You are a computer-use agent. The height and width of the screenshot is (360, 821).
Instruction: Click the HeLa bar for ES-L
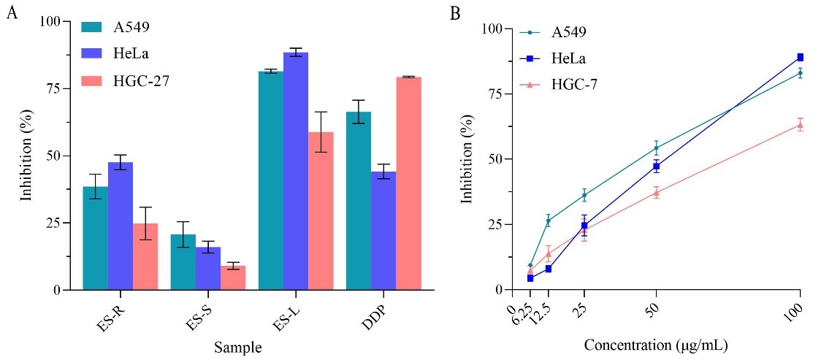pyautogui.click(x=296, y=172)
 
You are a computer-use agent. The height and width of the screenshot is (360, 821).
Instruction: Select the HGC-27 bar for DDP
pyautogui.click(x=408, y=183)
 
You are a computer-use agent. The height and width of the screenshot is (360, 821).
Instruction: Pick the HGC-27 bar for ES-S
pyautogui.click(x=233, y=277)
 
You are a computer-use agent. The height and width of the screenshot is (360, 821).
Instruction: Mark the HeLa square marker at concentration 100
pyautogui.click(x=801, y=57)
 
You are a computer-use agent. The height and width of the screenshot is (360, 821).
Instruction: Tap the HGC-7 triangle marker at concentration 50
pyautogui.click(x=656, y=193)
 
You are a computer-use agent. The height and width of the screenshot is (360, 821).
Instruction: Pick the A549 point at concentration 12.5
pyautogui.click(x=549, y=221)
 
